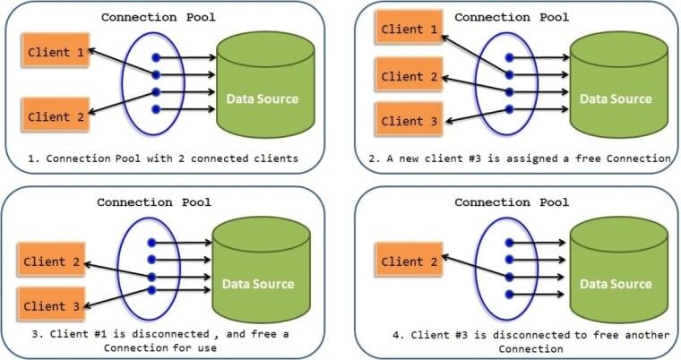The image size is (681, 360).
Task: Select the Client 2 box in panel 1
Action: (55, 116)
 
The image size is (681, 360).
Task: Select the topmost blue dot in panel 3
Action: (154, 243)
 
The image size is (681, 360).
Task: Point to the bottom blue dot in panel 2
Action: (509, 109)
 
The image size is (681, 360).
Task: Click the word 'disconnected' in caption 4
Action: (498, 336)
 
